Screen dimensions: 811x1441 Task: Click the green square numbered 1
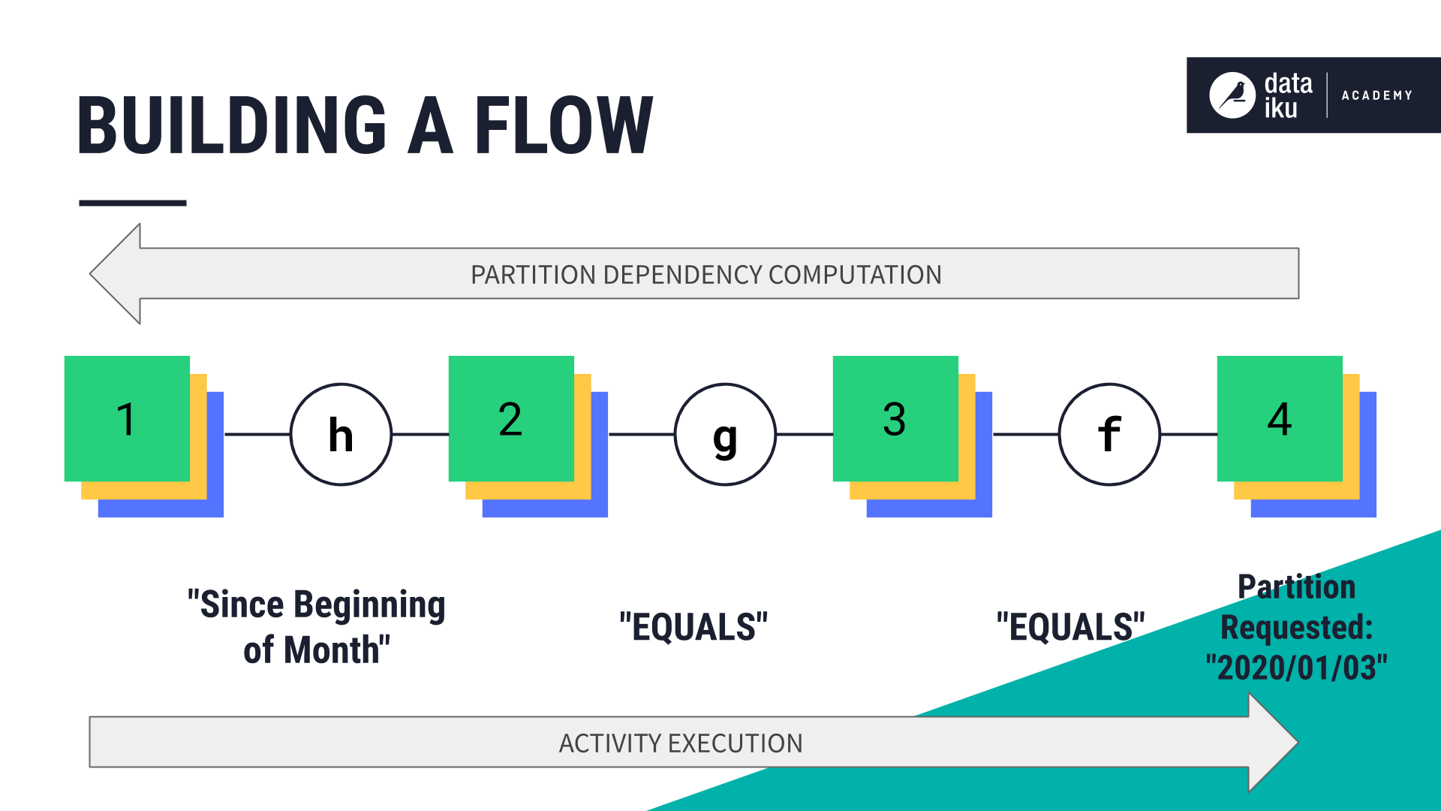point(127,418)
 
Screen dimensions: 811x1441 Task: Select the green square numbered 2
point(511,418)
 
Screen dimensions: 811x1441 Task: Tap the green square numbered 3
point(895,418)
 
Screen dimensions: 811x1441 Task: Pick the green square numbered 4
point(1280,418)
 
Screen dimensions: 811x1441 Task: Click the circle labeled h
point(341,434)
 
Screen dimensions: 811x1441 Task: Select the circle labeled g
point(725,434)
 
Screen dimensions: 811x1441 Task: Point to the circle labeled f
point(1109,434)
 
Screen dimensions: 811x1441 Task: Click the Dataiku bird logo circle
point(1232,95)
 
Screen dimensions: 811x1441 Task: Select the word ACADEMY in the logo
point(1376,95)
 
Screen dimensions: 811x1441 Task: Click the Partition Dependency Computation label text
point(705,275)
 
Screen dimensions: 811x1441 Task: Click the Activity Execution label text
point(680,743)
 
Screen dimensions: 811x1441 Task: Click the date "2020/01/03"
point(1296,668)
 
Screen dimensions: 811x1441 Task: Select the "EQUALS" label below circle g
point(693,627)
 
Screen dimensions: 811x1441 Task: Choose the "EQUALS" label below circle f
point(1070,627)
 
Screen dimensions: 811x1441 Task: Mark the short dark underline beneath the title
point(133,203)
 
